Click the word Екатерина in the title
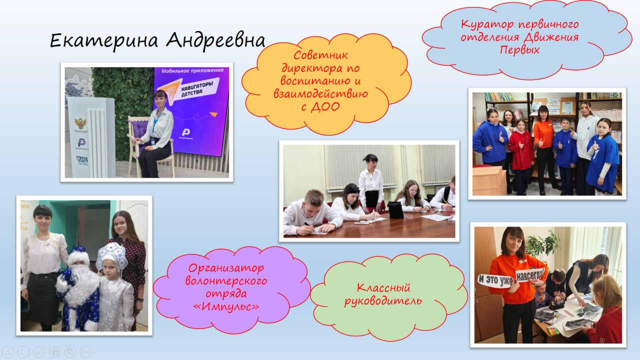pos(104,40)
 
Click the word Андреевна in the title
pos(215,40)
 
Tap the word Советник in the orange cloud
pos(320,55)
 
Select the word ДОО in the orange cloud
pos(325,106)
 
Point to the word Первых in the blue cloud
pos(519,50)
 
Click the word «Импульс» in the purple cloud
pos(226,306)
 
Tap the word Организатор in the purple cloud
pos(226,268)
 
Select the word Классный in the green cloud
pos(383,287)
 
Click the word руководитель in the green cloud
pos(383,301)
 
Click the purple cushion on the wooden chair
pos(141,135)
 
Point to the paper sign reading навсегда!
pos(530,275)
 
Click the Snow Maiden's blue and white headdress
pos(111,255)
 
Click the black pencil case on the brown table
pos(395,210)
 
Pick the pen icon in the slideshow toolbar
pos(39,351)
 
